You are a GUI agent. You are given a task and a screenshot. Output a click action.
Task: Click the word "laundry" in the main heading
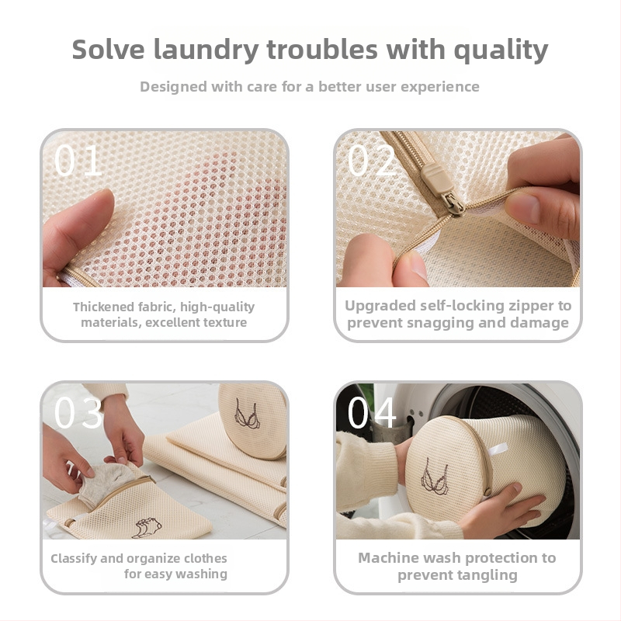coord(206,50)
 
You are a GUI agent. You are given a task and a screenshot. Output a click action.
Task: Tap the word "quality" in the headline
coord(501,50)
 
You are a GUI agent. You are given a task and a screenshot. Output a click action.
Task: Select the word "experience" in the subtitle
coord(439,87)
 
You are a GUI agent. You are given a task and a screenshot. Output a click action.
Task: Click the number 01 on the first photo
coord(78,161)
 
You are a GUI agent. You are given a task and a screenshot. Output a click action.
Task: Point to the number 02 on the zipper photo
coord(372,161)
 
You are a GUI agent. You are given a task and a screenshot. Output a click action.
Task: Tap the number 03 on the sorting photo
coord(78,412)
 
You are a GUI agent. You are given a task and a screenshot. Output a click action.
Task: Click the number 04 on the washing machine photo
coord(372,412)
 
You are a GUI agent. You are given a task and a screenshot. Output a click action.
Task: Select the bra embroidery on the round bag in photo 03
coord(246,415)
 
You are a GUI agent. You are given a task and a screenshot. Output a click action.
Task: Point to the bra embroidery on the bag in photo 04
coord(435,477)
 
